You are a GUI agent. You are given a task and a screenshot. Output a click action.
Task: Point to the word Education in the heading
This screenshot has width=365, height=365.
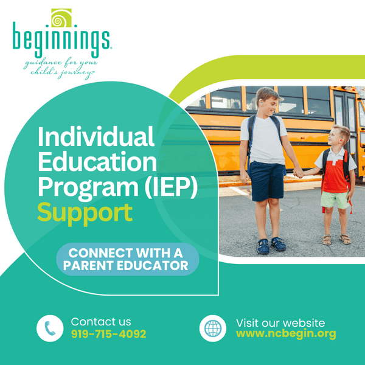(97, 162)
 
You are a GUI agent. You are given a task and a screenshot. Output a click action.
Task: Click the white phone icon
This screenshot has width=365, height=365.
(49, 328)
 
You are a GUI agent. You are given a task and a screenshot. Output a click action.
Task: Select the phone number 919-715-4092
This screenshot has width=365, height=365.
(108, 334)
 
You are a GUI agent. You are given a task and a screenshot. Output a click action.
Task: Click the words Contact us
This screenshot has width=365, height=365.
(100, 322)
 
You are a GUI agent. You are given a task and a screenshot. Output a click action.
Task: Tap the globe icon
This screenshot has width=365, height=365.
(212, 328)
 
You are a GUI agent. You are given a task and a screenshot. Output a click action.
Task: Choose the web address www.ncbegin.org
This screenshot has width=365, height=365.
(285, 334)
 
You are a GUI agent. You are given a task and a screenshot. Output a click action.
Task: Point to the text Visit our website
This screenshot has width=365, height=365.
(280, 322)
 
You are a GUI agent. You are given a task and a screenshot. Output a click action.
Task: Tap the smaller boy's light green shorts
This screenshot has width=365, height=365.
(336, 200)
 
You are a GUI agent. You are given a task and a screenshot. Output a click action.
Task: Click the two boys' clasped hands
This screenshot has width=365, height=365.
(298, 173)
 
